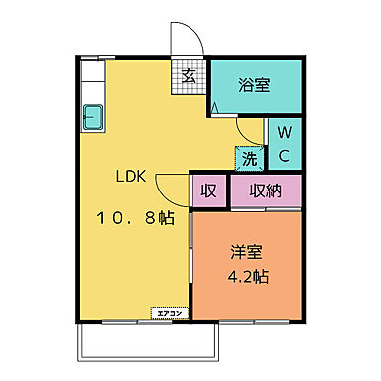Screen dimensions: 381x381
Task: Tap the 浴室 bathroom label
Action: (x=253, y=86)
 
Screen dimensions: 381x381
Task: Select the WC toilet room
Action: (x=283, y=143)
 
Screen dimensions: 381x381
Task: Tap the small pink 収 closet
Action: (x=208, y=191)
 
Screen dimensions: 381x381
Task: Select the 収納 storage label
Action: (x=266, y=191)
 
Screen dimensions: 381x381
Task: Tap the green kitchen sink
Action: (x=93, y=116)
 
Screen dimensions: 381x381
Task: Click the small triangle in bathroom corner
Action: (x=215, y=106)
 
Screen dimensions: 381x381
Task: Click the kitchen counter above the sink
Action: (x=92, y=79)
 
